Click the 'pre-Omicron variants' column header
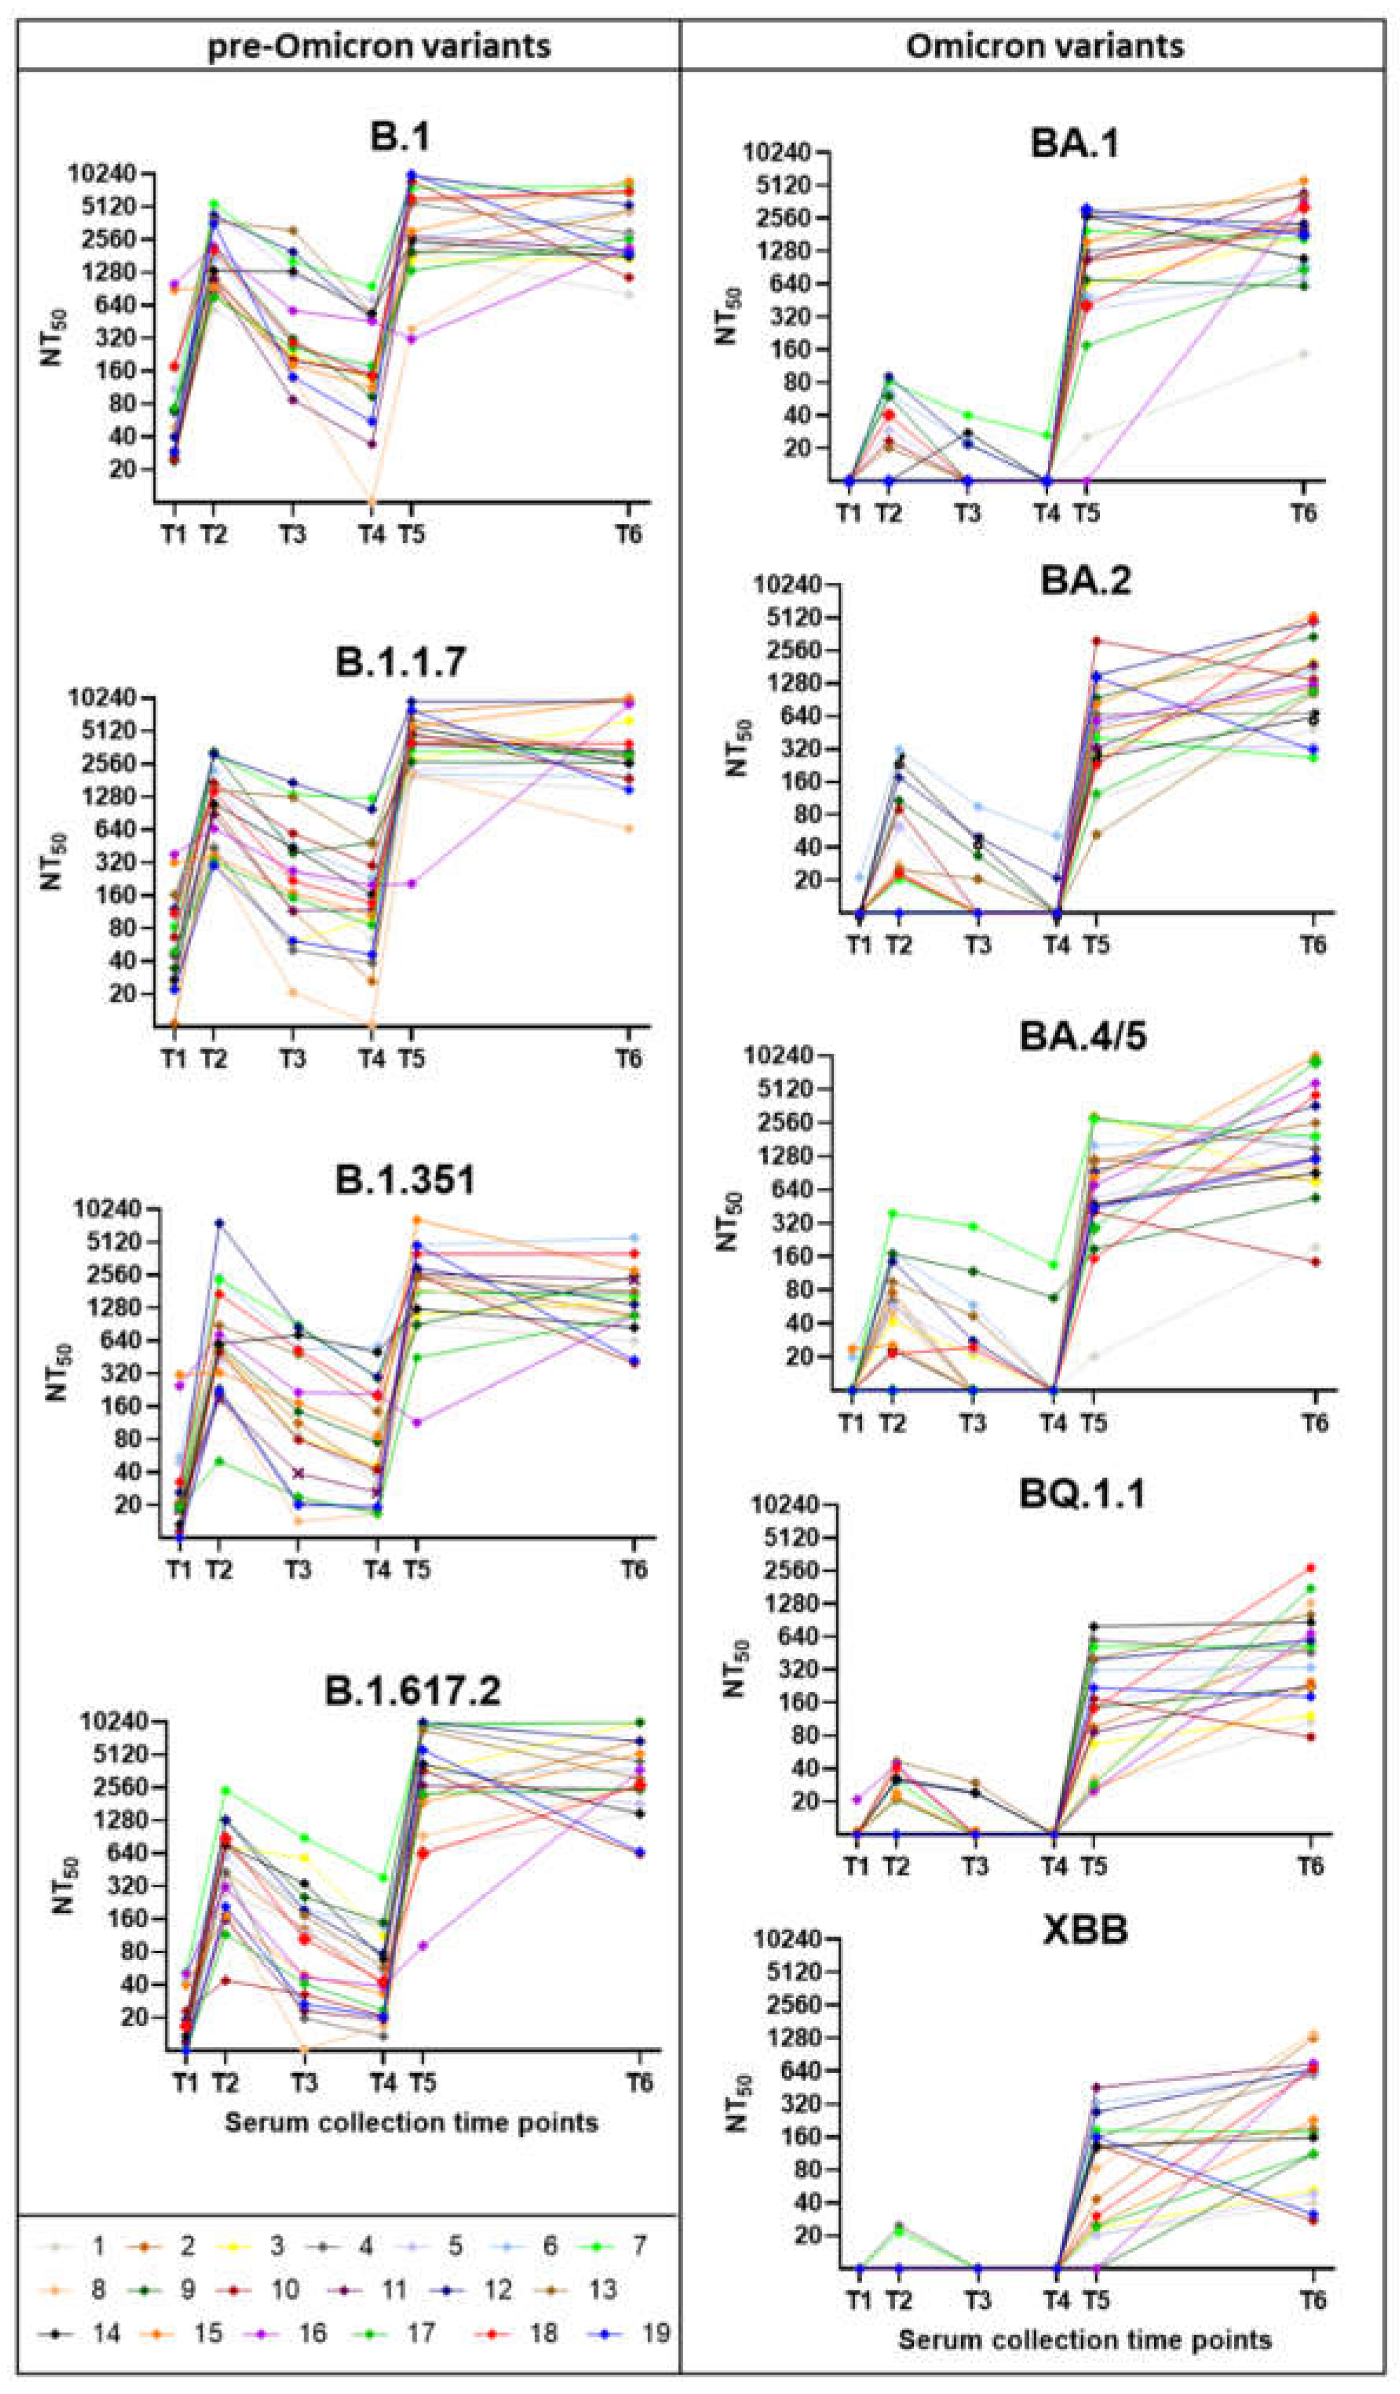379,45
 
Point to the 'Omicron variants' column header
1044,45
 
